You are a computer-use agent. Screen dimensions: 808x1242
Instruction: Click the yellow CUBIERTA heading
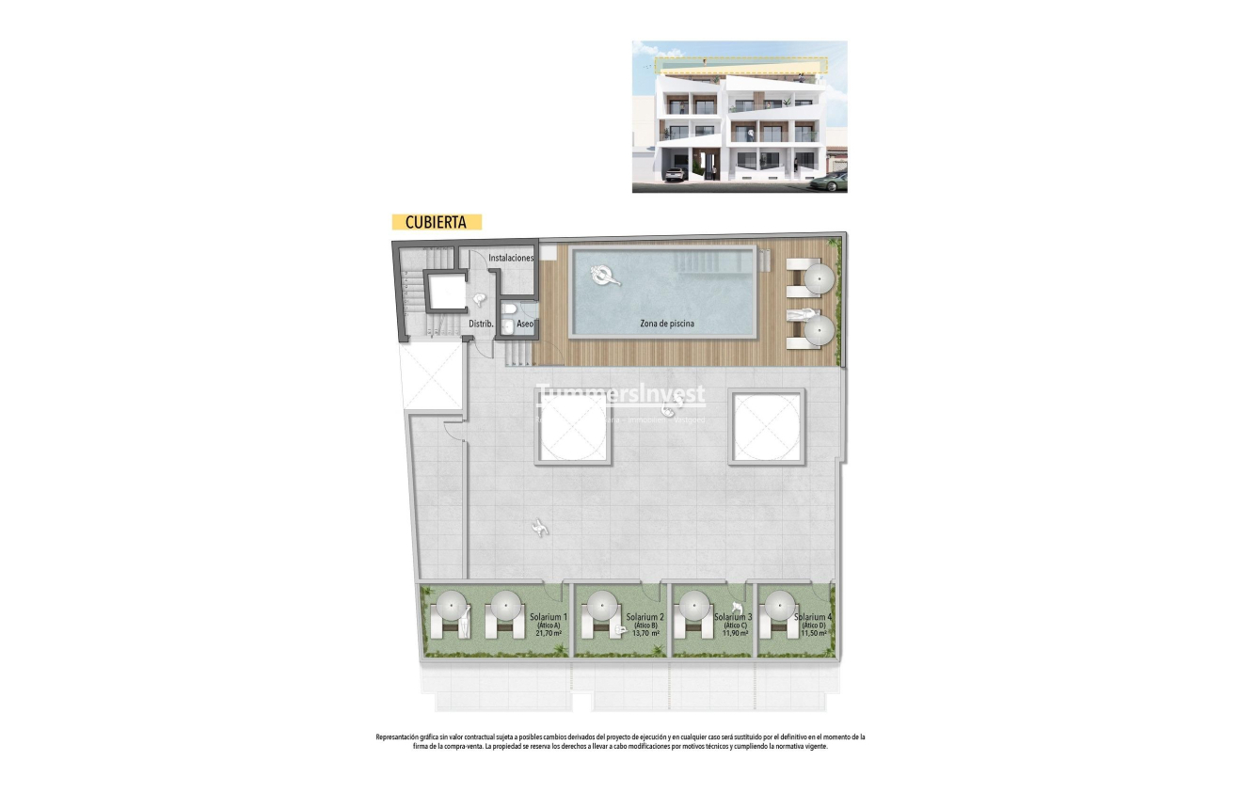(436, 223)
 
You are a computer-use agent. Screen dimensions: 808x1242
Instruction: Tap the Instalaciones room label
(511, 258)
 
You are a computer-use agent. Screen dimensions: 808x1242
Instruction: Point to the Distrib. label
(482, 325)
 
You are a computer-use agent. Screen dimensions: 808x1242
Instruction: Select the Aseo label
(525, 325)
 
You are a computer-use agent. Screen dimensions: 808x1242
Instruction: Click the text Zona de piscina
(667, 324)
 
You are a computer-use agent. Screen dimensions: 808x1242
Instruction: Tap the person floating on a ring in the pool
(602, 276)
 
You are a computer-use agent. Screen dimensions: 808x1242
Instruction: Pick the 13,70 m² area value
(644, 633)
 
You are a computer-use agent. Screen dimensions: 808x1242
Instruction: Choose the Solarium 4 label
(813, 617)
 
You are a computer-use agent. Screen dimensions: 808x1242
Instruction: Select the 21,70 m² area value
(549, 633)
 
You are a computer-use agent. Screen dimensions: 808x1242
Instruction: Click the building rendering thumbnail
(739, 117)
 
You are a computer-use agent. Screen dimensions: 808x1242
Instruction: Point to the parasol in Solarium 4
(778, 602)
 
